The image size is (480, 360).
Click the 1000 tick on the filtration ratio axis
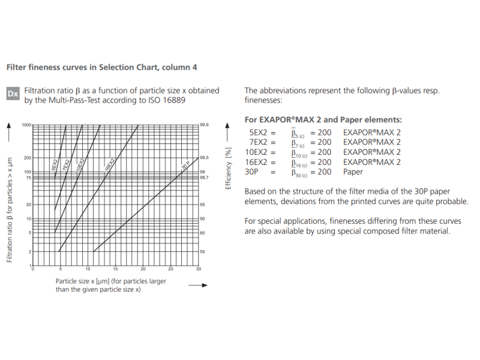click(26, 125)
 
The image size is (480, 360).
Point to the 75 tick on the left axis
click(28, 178)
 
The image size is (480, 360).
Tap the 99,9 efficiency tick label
click(205, 125)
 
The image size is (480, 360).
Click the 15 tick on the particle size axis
click(115, 269)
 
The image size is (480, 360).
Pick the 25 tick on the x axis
click(170, 269)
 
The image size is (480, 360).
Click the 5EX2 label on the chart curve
click(55, 165)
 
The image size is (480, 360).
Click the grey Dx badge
click(13, 94)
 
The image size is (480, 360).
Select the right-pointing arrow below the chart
click(197, 286)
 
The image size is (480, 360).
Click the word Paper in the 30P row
click(353, 172)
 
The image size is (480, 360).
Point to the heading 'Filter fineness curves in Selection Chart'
click(101, 67)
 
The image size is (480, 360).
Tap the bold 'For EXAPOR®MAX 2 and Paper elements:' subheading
click(323, 120)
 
